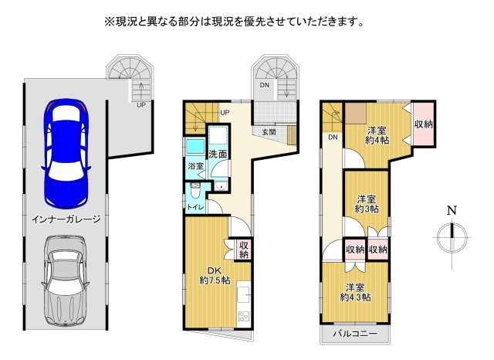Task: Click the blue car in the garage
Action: pyautogui.click(x=66, y=154)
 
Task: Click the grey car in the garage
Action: pyautogui.click(x=66, y=280)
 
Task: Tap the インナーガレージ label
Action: pyautogui.click(x=66, y=219)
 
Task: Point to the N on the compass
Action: pyautogui.click(x=452, y=210)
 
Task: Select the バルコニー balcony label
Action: pyautogui.click(x=355, y=334)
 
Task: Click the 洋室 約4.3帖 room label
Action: pyautogui.click(x=355, y=292)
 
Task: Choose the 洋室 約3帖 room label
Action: pyautogui.click(x=367, y=204)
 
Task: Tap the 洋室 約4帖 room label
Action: pyautogui.click(x=377, y=135)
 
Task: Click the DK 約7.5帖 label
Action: pyautogui.click(x=215, y=275)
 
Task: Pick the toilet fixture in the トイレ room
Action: pyautogui.click(x=195, y=190)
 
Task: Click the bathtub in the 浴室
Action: pyautogui.click(x=195, y=146)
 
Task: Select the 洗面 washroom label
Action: pyautogui.click(x=218, y=155)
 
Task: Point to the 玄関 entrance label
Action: pyautogui.click(x=269, y=132)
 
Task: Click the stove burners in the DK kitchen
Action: pyautogui.click(x=244, y=316)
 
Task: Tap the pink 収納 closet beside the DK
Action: pyautogui.click(x=244, y=250)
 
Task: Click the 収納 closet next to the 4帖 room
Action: pyautogui.click(x=424, y=124)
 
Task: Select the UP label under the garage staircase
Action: pyautogui.click(x=140, y=105)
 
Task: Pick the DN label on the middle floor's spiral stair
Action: pyautogui.click(x=264, y=85)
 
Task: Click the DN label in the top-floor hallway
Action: pyautogui.click(x=333, y=138)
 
